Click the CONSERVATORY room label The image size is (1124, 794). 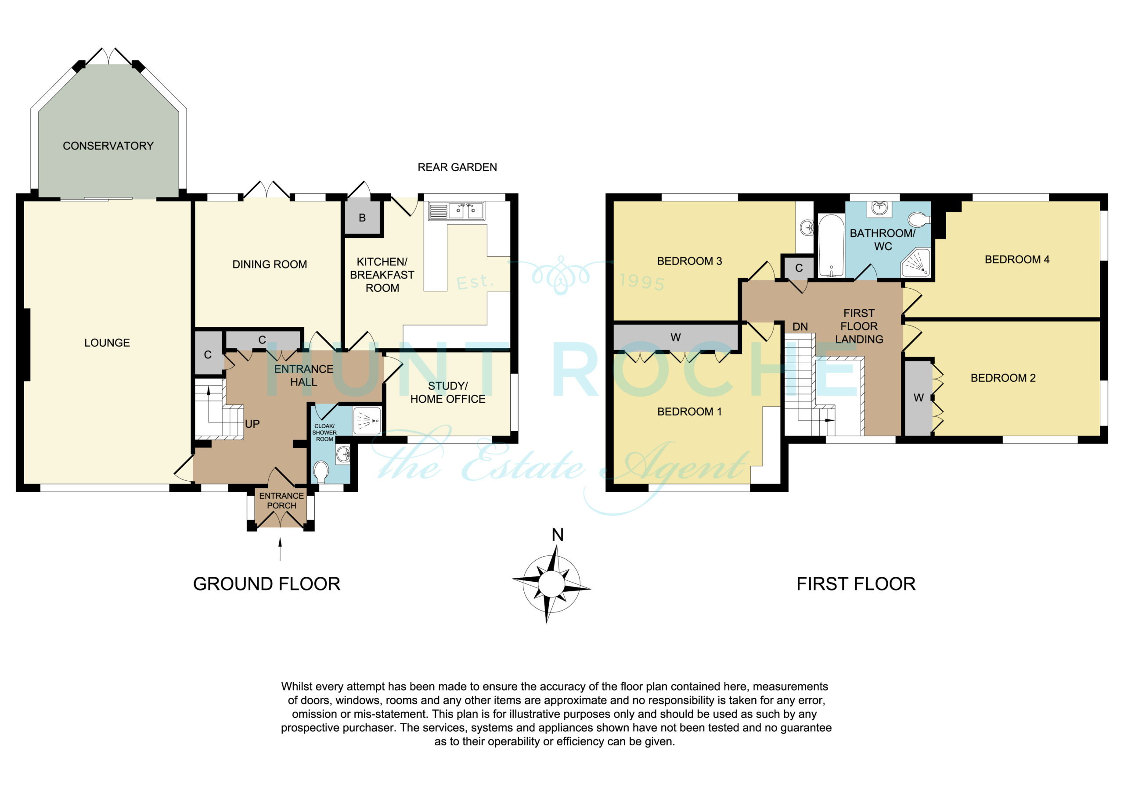click(x=108, y=146)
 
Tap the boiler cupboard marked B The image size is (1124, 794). click(x=362, y=217)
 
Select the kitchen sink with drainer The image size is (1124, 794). click(x=456, y=211)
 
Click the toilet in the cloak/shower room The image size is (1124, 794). click(x=321, y=472)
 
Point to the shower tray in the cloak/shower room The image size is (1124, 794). click(x=366, y=421)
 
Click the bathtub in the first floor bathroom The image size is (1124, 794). click(x=831, y=246)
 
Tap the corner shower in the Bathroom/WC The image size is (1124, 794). click(x=915, y=262)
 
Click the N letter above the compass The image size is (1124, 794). click(x=558, y=535)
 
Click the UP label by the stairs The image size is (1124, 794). click(x=252, y=424)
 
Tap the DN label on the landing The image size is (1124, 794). click(x=800, y=327)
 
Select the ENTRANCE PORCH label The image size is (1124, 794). click(x=281, y=501)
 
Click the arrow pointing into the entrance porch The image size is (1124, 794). click(x=280, y=549)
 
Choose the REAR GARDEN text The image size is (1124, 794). click(x=457, y=167)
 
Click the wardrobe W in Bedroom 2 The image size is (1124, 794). click(x=919, y=398)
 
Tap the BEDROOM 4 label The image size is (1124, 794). click(x=1017, y=259)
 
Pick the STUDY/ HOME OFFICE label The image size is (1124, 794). click(x=448, y=392)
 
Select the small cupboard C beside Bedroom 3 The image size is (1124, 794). click(x=799, y=268)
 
